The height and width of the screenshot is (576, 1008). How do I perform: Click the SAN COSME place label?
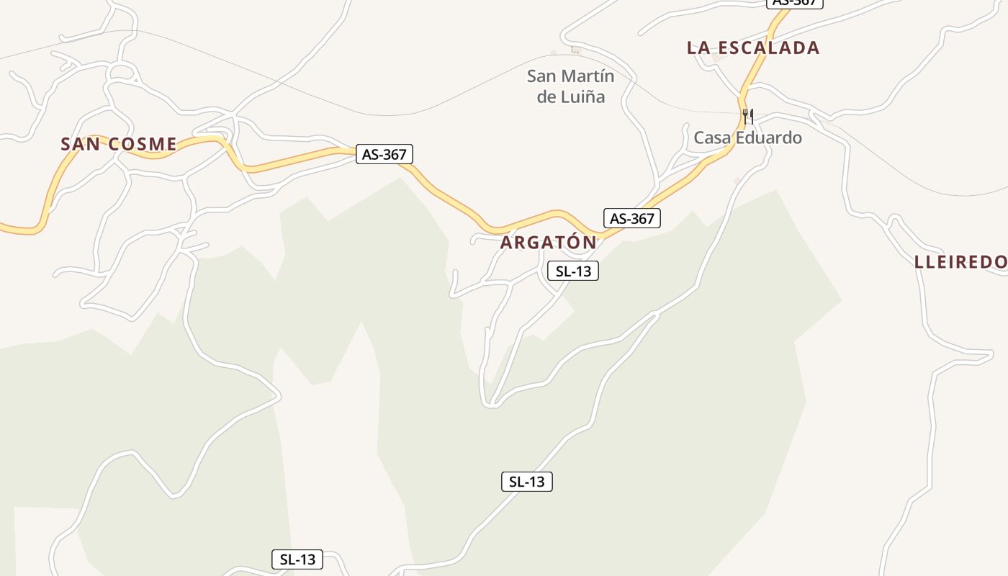[119, 144]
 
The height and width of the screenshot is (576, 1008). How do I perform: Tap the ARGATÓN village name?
[549, 243]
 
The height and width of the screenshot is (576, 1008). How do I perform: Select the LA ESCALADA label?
[753, 48]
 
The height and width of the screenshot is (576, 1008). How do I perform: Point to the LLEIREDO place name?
[962, 262]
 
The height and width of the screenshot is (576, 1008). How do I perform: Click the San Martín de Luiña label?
[571, 86]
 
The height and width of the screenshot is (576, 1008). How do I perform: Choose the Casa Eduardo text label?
[747, 138]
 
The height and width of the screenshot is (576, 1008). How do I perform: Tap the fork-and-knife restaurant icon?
[748, 115]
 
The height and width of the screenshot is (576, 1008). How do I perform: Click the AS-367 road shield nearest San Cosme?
[384, 154]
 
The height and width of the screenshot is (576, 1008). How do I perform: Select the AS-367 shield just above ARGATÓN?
[631, 218]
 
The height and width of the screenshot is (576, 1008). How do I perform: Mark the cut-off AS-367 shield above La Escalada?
[795, 3]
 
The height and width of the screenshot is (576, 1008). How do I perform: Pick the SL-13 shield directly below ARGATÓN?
[573, 271]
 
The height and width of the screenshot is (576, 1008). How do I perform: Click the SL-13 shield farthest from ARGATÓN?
[297, 559]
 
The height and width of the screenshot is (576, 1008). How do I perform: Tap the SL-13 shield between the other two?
[527, 482]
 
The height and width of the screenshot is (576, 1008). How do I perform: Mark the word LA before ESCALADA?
[698, 48]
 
